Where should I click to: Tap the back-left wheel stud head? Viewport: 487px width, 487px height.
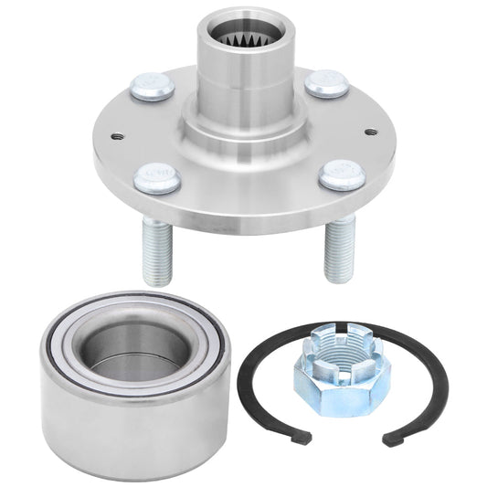[152, 87]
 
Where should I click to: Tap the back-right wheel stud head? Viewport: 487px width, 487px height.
[326, 84]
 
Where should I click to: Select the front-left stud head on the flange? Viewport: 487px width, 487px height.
[156, 177]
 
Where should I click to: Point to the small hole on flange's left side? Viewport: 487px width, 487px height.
[118, 137]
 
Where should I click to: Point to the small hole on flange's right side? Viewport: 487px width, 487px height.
[370, 132]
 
